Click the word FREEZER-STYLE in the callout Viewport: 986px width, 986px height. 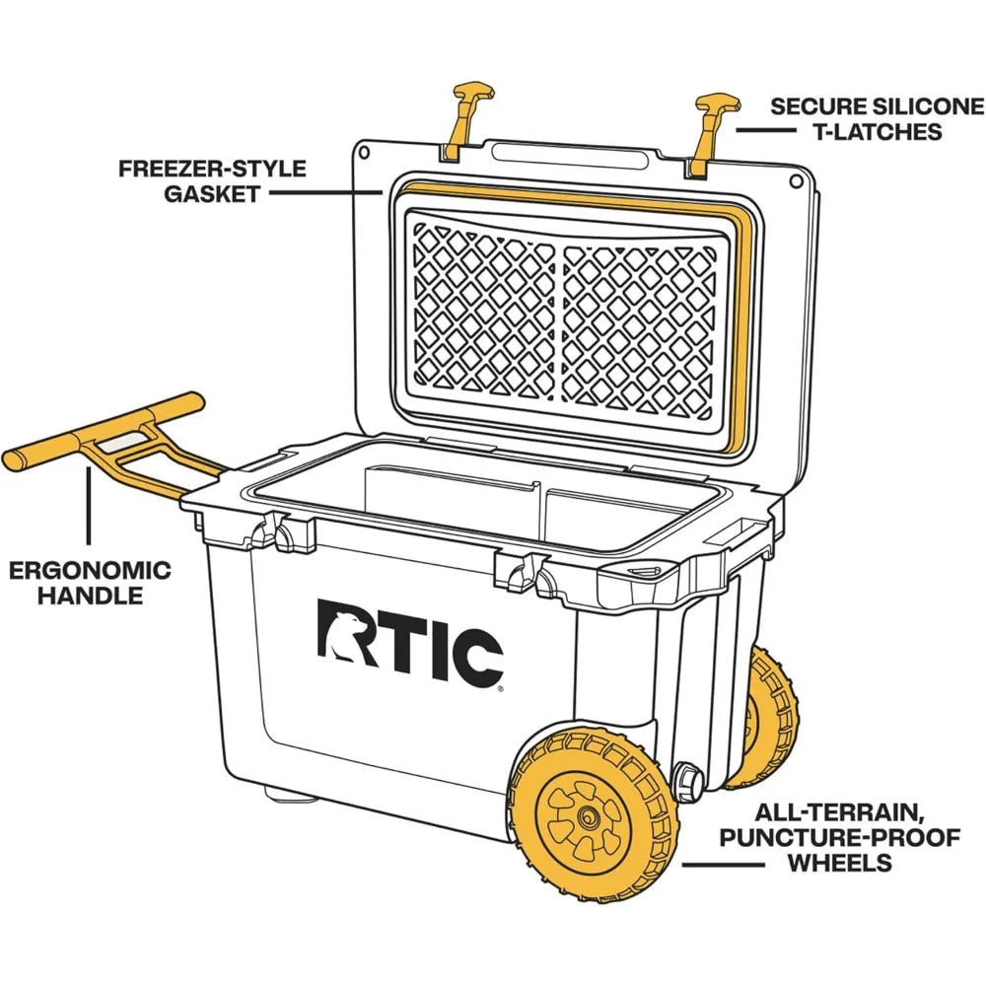coord(212,168)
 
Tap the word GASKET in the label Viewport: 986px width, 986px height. coord(212,193)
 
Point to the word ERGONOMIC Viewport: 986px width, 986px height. coord(90,570)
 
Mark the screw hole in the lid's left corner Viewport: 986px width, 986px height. coord(365,153)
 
